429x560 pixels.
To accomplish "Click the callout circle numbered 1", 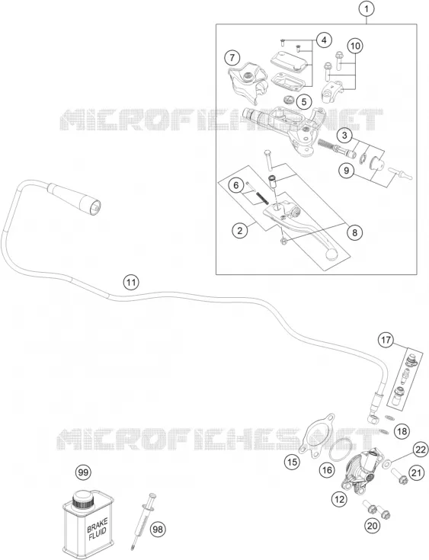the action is point(367,10).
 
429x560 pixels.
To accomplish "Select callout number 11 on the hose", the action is point(131,283).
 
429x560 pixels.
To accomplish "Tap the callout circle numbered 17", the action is point(386,340).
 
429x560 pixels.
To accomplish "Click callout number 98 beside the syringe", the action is point(158,529).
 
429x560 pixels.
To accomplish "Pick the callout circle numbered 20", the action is point(372,526).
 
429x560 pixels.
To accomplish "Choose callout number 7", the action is point(232,57).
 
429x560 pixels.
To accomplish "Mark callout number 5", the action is point(303,102).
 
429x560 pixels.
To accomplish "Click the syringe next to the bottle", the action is point(144,519).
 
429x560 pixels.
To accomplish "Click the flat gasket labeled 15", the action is point(317,435).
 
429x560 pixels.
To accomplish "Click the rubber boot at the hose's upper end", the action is point(75,197).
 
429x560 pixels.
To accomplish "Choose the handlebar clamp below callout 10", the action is point(333,91).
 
